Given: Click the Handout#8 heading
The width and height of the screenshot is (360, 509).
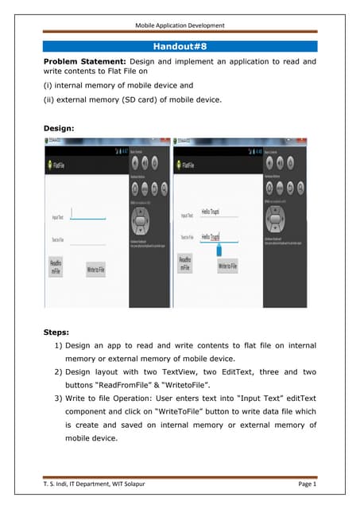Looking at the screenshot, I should click(180, 47).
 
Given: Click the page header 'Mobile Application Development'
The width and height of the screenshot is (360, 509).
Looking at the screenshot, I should click(180, 25).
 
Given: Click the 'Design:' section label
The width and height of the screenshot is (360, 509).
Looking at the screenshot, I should click(60, 126).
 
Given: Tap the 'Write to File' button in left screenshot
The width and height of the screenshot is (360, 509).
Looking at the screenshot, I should click(101, 270).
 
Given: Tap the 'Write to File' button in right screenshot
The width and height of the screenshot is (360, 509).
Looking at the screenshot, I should click(227, 266).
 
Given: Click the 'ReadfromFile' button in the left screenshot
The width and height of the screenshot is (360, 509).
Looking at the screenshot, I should click(56, 266).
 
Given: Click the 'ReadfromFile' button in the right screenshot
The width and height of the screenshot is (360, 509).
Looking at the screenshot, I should click(184, 264).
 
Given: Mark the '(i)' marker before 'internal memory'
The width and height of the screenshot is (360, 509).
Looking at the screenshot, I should click(48, 84).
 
